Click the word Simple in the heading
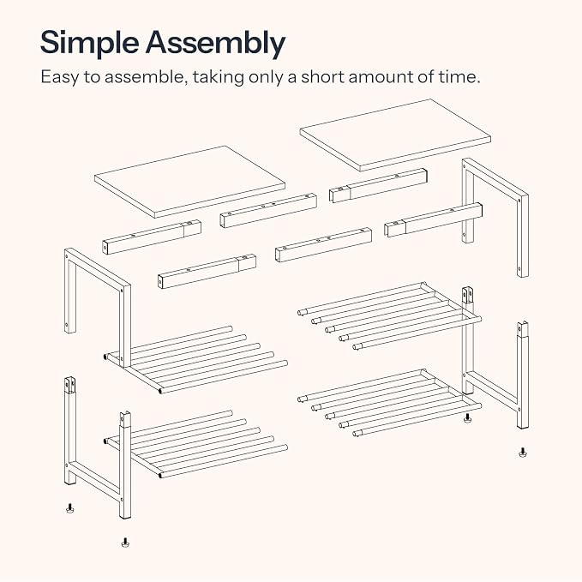click(x=89, y=43)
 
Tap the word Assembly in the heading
click(x=215, y=43)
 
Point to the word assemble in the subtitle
click(x=144, y=77)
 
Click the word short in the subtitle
click(x=322, y=77)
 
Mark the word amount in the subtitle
click(x=381, y=77)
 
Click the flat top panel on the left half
click(x=189, y=182)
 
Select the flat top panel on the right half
click(x=395, y=135)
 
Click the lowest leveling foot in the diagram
click(x=125, y=543)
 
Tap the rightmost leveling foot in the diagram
click(x=523, y=452)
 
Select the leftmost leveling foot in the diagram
click(x=69, y=507)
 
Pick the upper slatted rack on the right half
click(x=390, y=316)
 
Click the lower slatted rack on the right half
click(x=390, y=403)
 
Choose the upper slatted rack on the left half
click(x=197, y=359)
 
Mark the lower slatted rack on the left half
click(x=197, y=444)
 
